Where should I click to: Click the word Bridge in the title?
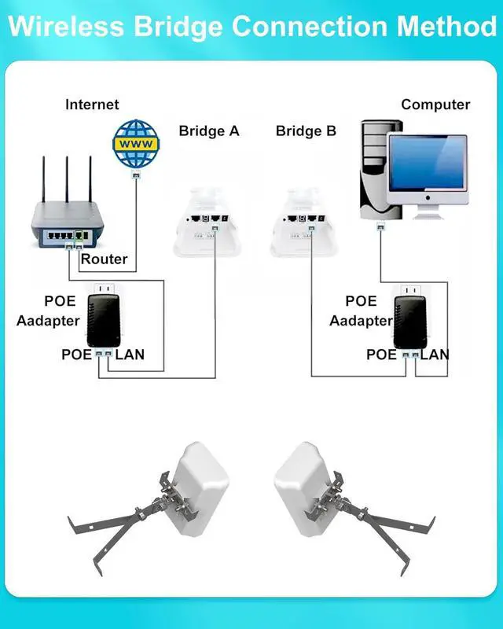(178, 28)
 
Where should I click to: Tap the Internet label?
(92, 105)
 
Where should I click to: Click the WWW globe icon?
(136, 143)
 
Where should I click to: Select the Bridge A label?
(208, 131)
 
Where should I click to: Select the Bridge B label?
(306, 131)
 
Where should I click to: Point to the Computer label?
(435, 105)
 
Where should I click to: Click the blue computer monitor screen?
(428, 163)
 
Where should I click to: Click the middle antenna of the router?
(67, 179)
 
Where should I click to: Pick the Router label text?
(104, 259)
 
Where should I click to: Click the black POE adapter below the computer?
(410, 322)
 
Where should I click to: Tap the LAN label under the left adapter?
(130, 355)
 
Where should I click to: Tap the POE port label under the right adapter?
(381, 355)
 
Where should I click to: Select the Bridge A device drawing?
(207, 222)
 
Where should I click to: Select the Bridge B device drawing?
(303, 222)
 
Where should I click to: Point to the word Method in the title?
(446, 27)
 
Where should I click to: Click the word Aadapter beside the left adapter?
(48, 321)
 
